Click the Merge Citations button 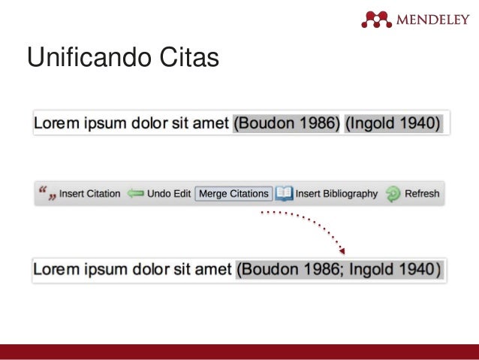tap(233, 194)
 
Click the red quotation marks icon tap(47, 194)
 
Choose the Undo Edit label tap(169, 194)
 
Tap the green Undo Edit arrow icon tap(135, 194)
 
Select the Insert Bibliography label tap(336, 194)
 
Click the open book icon tap(284, 194)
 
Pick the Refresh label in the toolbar tap(422, 194)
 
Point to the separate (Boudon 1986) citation tap(287, 123)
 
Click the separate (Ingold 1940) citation tap(393, 123)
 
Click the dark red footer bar tap(239, 352)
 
